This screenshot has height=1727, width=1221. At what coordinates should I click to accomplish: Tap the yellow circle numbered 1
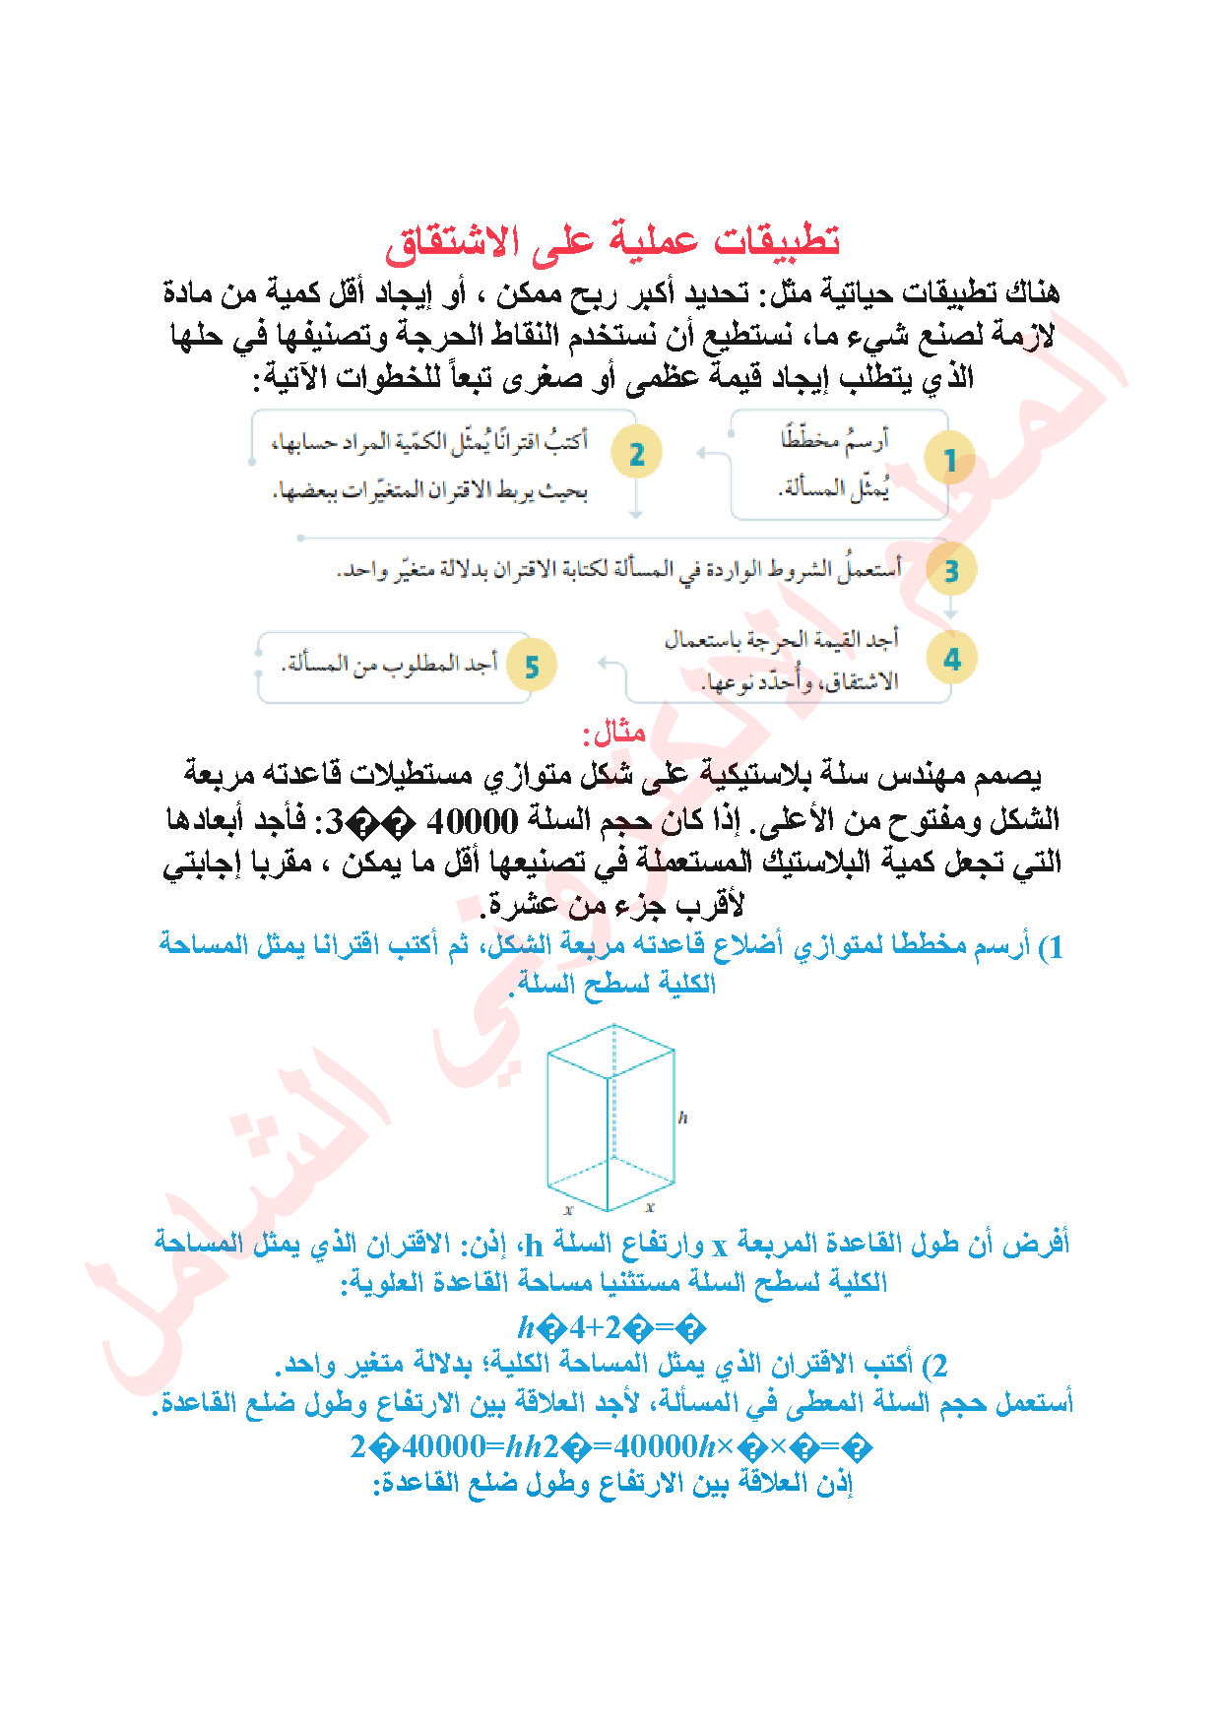[x=950, y=459]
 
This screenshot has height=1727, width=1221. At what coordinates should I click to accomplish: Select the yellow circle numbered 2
[x=636, y=454]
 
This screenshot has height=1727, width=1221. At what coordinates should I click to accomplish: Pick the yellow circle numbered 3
[x=951, y=571]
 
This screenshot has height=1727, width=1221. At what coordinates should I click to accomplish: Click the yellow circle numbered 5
[x=532, y=667]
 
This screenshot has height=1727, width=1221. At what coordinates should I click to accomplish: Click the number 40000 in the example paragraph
[x=473, y=819]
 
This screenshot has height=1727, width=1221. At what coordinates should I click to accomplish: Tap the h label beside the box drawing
[x=682, y=1118]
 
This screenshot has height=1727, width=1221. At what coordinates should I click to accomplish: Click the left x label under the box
[x=568, y=1209]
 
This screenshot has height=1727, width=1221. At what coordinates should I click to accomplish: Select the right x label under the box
[x=650, y=1206]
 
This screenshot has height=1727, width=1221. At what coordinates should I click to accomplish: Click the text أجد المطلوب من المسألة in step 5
[x=390, y=665]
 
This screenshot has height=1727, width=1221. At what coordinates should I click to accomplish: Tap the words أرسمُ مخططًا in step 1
[x=835, y=439]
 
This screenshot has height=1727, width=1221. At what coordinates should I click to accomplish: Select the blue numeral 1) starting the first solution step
[x=1051, y=947]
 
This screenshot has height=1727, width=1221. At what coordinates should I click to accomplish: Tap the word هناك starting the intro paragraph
[x=1028, y=292]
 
